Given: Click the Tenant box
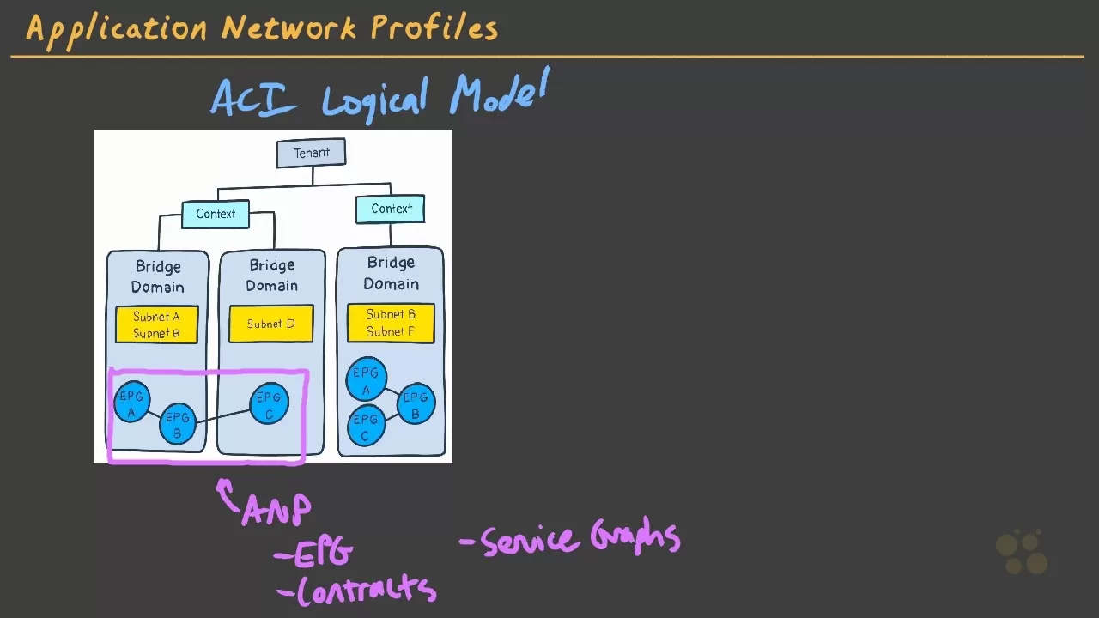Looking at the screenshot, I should pyautogui.click(x=311, y=153).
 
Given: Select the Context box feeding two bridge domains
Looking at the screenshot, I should pyautogui.click(x=216, y=214).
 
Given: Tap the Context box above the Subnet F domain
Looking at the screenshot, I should pyautogui.click(x=392, y=209).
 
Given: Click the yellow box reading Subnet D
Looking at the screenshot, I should pyautogui.click(x=270, y=324).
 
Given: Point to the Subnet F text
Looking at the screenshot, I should pyautogui.click(x=391, y=332).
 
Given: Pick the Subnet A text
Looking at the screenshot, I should pyautogui.click(x=156, y=317).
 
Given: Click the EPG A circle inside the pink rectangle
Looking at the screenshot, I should pyautogui.click(x=131, y=403).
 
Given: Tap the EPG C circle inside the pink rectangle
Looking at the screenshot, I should pyautogui.click(x=269, y=403).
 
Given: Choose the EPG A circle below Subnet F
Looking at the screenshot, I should pyautogui.click(x=366, y=379).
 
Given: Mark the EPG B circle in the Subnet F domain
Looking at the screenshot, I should pyautogui.click(x=416, y=403).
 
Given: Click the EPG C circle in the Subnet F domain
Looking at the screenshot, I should pyautogui.click(x=366, y=426).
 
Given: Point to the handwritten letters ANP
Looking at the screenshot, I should pyautogui.click(x=277, y=510).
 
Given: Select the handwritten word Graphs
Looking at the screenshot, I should pyautogui.click(x=635, y=537).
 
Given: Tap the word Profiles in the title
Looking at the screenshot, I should pyautogui.click(x=434, y=27).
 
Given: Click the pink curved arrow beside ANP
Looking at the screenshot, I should pyautogui.click(x=228, y=494).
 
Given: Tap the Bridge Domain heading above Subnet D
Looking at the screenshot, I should pyautogui.click(x=271, y=276).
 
